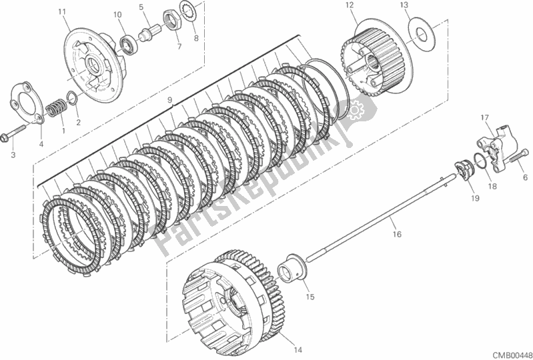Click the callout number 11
point(61,12)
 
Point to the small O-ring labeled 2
point(72,97)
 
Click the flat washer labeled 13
point(421,34)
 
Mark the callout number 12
point(349,5)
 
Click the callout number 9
point(170,100)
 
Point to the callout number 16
point(397,234)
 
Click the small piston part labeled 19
point(464,171)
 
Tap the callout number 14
point(298,349)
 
